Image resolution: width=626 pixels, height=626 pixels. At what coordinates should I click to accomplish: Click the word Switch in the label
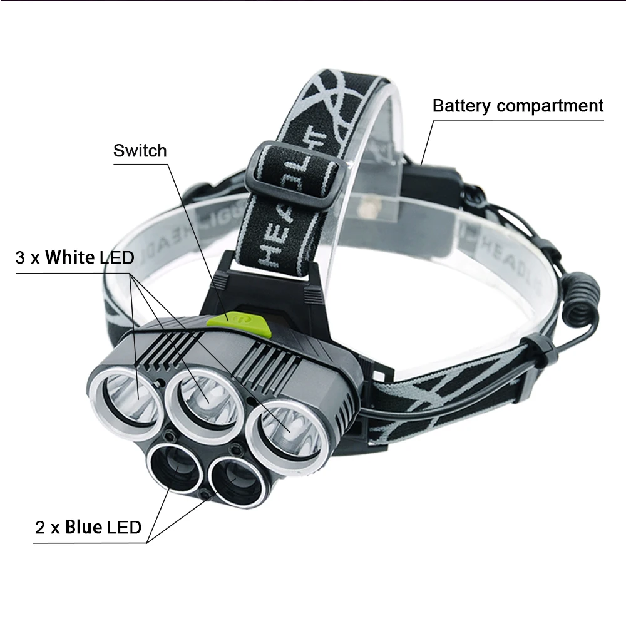point(140,151)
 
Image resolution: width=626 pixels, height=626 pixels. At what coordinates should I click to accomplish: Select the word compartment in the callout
point(550,106)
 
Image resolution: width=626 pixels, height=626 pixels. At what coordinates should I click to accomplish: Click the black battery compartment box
point(431,185)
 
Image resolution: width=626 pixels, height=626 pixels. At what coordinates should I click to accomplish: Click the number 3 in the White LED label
point(21,257)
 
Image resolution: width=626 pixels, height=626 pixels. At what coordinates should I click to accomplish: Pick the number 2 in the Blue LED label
point(40,528)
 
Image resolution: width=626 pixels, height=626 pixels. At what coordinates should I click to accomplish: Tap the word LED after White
point(117,257)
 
